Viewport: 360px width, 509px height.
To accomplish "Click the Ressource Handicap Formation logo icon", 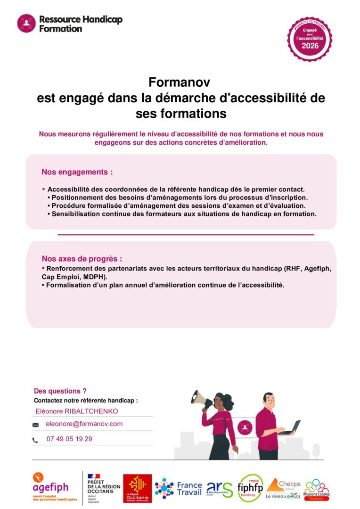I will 26,23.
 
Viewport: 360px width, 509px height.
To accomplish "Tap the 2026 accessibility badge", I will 310,39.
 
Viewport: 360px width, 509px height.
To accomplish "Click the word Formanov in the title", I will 179,82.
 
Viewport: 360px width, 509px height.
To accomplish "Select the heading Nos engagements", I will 77,172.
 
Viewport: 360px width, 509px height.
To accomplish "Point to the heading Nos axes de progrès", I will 82,259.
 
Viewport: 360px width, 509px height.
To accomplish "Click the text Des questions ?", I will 60,391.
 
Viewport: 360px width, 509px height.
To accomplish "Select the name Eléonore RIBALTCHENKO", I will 77,411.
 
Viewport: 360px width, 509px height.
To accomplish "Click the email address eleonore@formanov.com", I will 84,424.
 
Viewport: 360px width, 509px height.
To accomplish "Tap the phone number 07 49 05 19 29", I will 69,439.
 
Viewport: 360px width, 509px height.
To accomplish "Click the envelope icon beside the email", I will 35,425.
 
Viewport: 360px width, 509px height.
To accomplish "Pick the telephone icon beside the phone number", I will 35,440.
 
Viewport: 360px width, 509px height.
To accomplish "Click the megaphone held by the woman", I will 202,399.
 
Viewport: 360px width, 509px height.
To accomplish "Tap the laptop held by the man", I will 289,428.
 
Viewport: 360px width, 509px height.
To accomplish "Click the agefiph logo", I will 51,486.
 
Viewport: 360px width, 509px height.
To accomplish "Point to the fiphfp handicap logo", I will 250,487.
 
